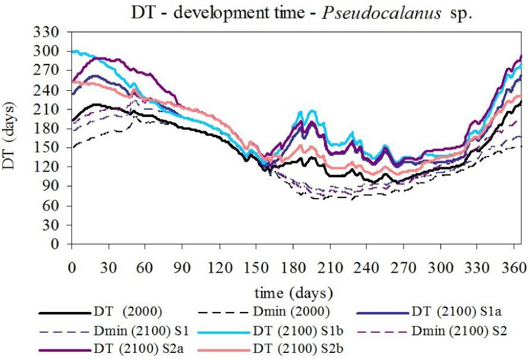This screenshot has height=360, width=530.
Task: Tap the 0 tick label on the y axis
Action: point(58,244)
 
